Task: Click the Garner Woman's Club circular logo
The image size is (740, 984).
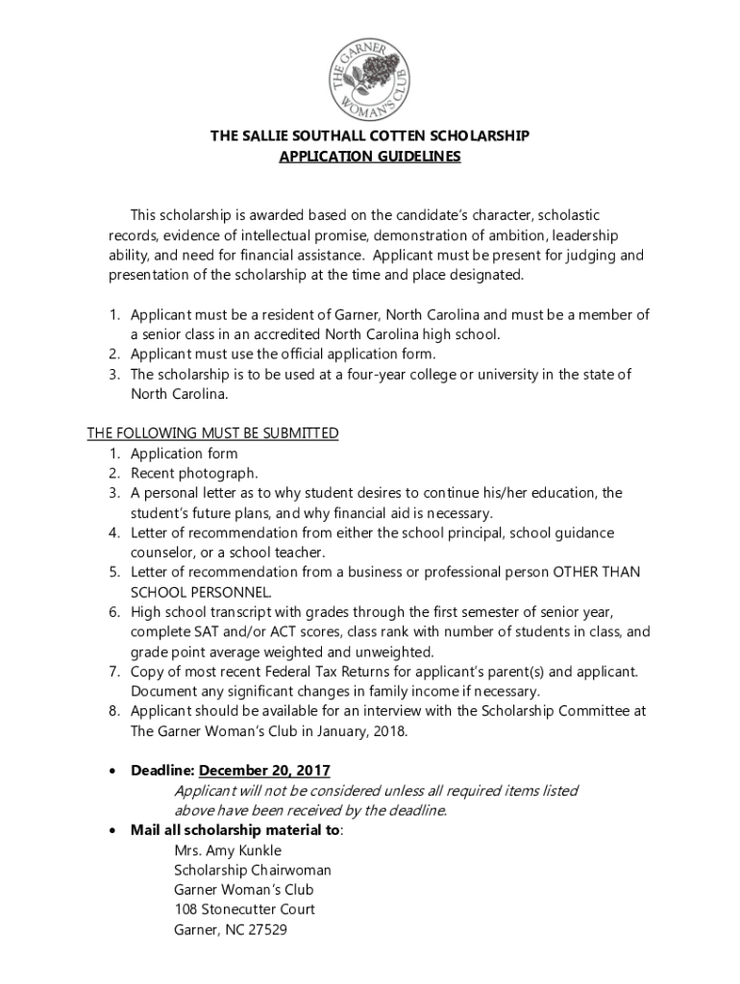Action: pyautogui.click(x=370, y=77)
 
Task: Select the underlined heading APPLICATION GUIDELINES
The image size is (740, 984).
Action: pyautogui.click(x=370, y=157)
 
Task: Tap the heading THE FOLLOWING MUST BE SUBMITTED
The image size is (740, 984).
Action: pyautogui.click(x=212, y=433)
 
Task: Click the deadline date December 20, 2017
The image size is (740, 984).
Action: pyautogui.click(x=264, y=771)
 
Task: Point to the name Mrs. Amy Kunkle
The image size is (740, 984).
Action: pyautogui.click(x=228, y=850)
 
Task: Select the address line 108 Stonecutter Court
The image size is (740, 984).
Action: pyautogui.click(x=244, y=909)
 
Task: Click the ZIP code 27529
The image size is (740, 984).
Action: pyautogui.click(x=267, y=929)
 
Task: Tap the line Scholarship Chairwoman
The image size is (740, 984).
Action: pyautogui.click(x=252, y=870)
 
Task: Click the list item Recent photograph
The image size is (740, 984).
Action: pyautogui.click(x=194, y=473)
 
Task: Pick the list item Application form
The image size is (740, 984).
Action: pyautogui.click(x=184, y=454)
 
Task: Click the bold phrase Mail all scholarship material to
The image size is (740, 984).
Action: pyautogui.click(x=234, y=830)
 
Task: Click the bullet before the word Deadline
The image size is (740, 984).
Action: pyautogui.click(x=114, y=772)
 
